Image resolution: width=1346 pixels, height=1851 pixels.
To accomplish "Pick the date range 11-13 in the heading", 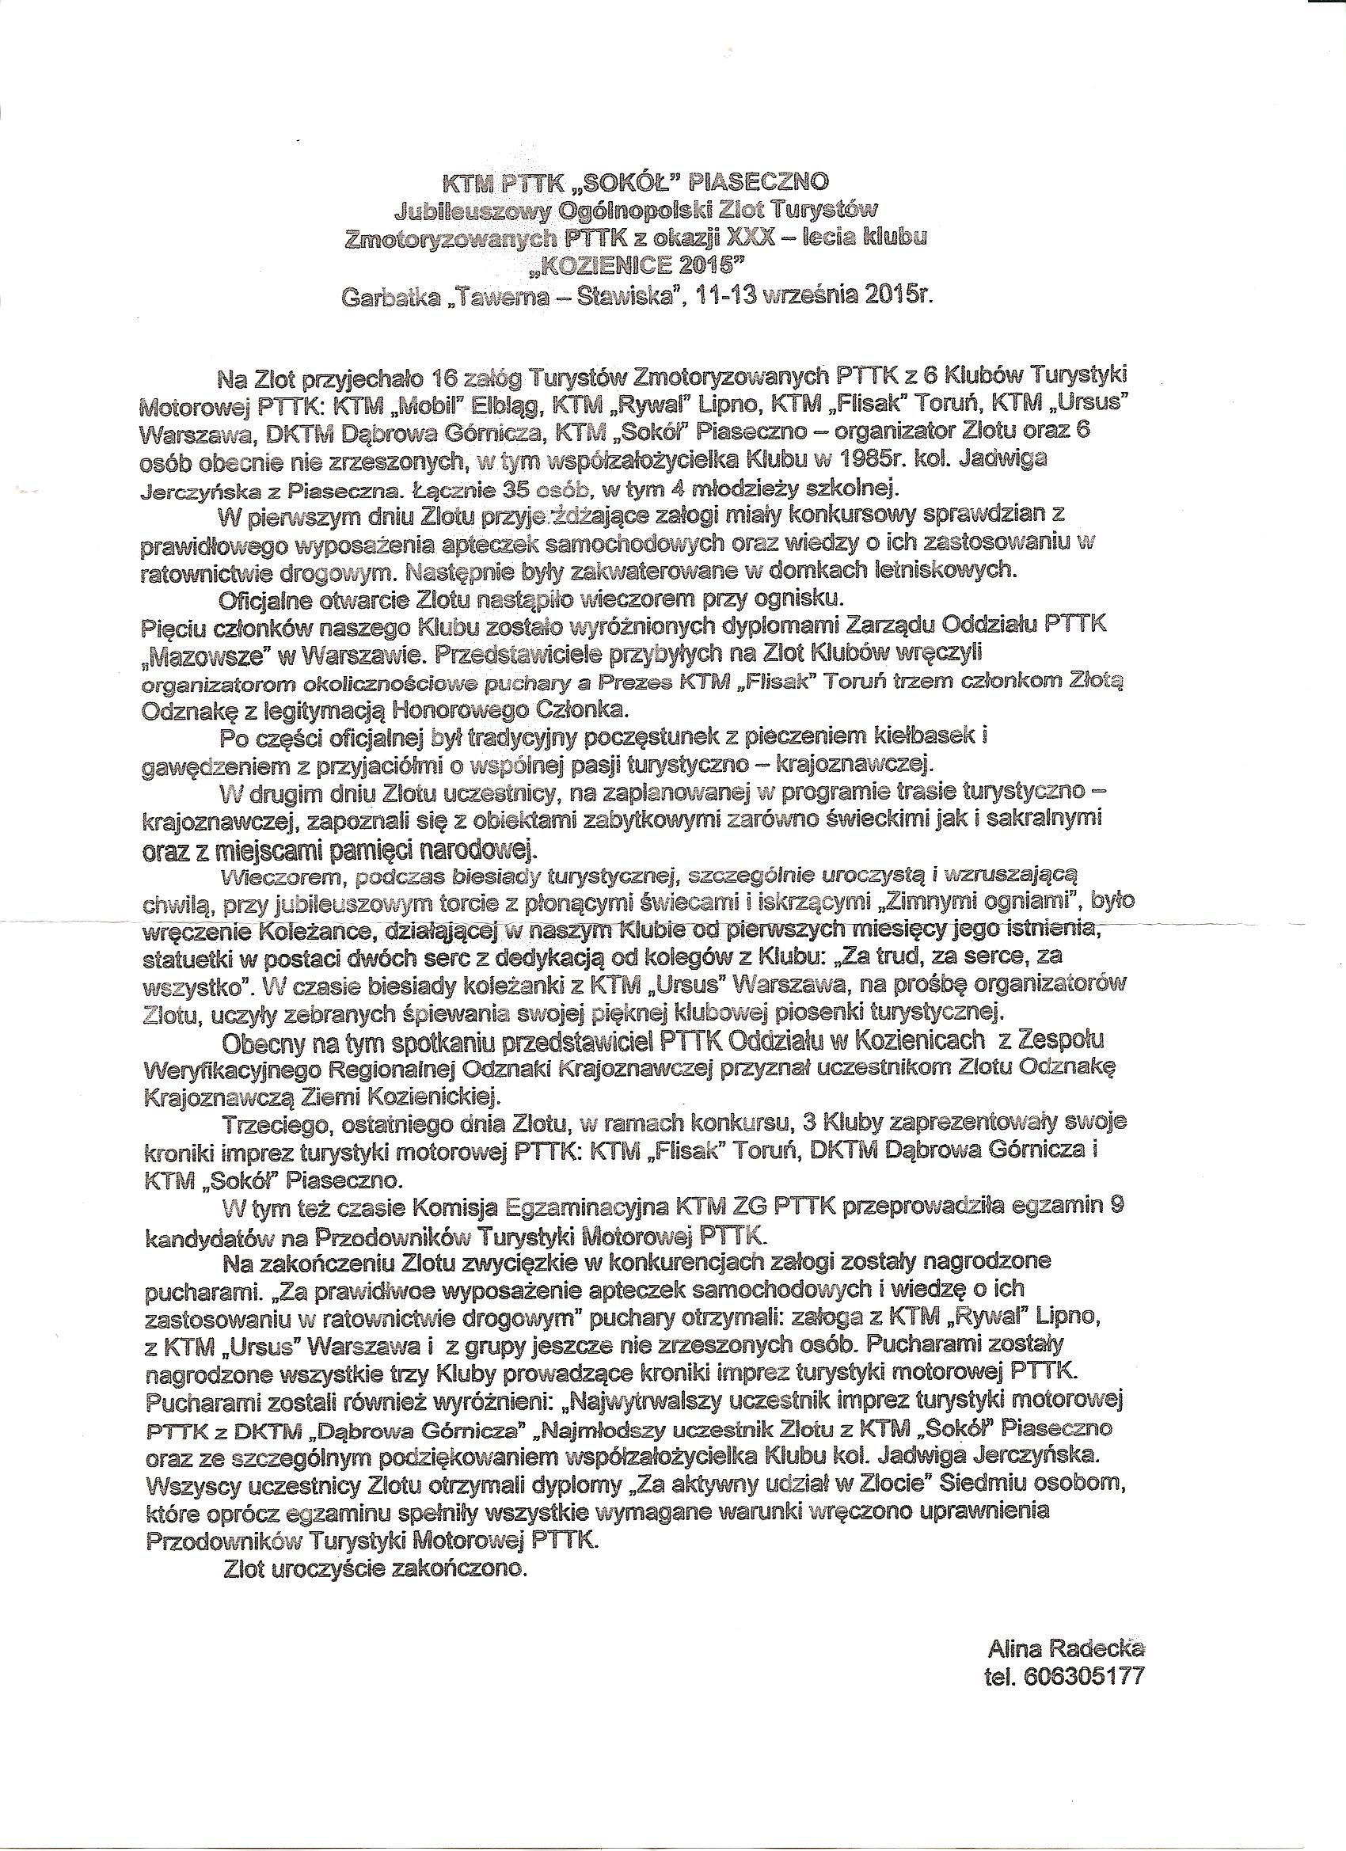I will [724, 295].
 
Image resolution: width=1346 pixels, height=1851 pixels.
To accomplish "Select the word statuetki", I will [185, 956].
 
